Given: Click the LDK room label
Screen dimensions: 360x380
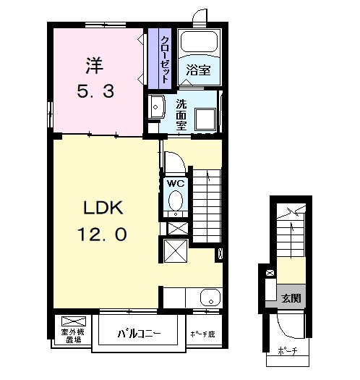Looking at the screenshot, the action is [x=103, y=208].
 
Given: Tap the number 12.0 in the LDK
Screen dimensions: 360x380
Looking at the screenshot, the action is [x=102, y=235].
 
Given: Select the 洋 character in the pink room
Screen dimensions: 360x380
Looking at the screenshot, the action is [x=95, y=66].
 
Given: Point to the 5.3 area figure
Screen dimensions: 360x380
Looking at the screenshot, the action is [x=95, y=91].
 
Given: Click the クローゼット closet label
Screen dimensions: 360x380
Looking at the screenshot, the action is [x=165, y=59].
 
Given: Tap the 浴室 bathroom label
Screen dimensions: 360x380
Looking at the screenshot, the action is [x=198, y=70].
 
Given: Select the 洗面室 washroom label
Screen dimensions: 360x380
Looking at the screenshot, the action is [x=181, y=114].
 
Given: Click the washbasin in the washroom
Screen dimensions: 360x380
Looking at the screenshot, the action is [x=156, y=106].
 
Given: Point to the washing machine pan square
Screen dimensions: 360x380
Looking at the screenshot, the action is [x=206, y=120].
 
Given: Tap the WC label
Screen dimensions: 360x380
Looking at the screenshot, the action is [x=176, y=183].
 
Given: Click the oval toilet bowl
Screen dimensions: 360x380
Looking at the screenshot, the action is [x=176, y=200].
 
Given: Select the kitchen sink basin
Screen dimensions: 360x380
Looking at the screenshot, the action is [x=210, y=297].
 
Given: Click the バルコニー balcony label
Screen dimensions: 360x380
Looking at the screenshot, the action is [x=139, y=334].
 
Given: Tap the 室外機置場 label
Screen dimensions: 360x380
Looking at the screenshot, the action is [x=73, y=336].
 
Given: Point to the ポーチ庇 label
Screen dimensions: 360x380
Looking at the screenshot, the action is [x=203, y=334].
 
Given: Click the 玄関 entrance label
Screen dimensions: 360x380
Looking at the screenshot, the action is [x=291, y=298].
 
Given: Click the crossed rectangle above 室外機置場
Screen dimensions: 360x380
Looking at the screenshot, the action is [x=74, y=321].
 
